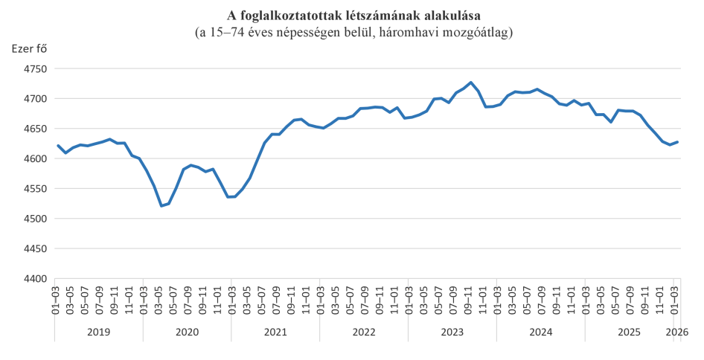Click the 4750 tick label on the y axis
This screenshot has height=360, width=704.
(x=33, y=68)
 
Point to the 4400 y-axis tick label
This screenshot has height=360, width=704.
(x=33, y=279)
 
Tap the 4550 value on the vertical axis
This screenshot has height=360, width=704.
(x=33, y=189)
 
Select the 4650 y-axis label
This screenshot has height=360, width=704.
(x=33, y=129)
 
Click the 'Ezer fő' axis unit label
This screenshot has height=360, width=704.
(x=28, y=49)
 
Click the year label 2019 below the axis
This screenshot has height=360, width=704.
(x=98, y=331)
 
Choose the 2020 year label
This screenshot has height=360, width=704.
(x=187, y=331)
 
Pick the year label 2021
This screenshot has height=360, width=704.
(x=275, y=331)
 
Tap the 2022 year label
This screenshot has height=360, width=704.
(x=364, y=331)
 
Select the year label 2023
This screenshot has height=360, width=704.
(x=452, y=331)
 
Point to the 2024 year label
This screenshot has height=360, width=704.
(x=541, y=331)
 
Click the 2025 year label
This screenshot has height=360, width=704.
(x=629, y=331)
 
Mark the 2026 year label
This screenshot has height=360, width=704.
(x=676, y=331)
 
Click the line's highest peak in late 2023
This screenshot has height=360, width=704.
(x=470, y=83)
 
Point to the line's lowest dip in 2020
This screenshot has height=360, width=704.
(x=162, y=206)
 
